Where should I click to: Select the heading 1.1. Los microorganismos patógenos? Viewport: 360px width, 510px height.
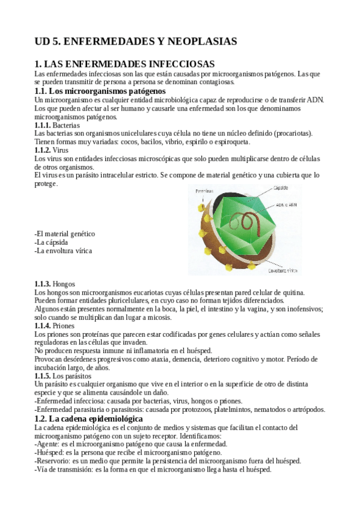(x=99, y=90)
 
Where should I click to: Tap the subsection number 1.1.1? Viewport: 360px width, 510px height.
(x=43, y=124)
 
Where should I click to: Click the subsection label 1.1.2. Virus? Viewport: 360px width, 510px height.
(x=52, y=150)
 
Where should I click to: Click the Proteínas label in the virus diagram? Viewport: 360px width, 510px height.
(x=204, y=191)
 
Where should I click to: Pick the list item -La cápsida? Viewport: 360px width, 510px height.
(x=56, y=242)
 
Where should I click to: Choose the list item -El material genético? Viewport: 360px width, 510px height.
(x=65, y=234)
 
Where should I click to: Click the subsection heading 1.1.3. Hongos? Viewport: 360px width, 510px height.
(x=55, y=283)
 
